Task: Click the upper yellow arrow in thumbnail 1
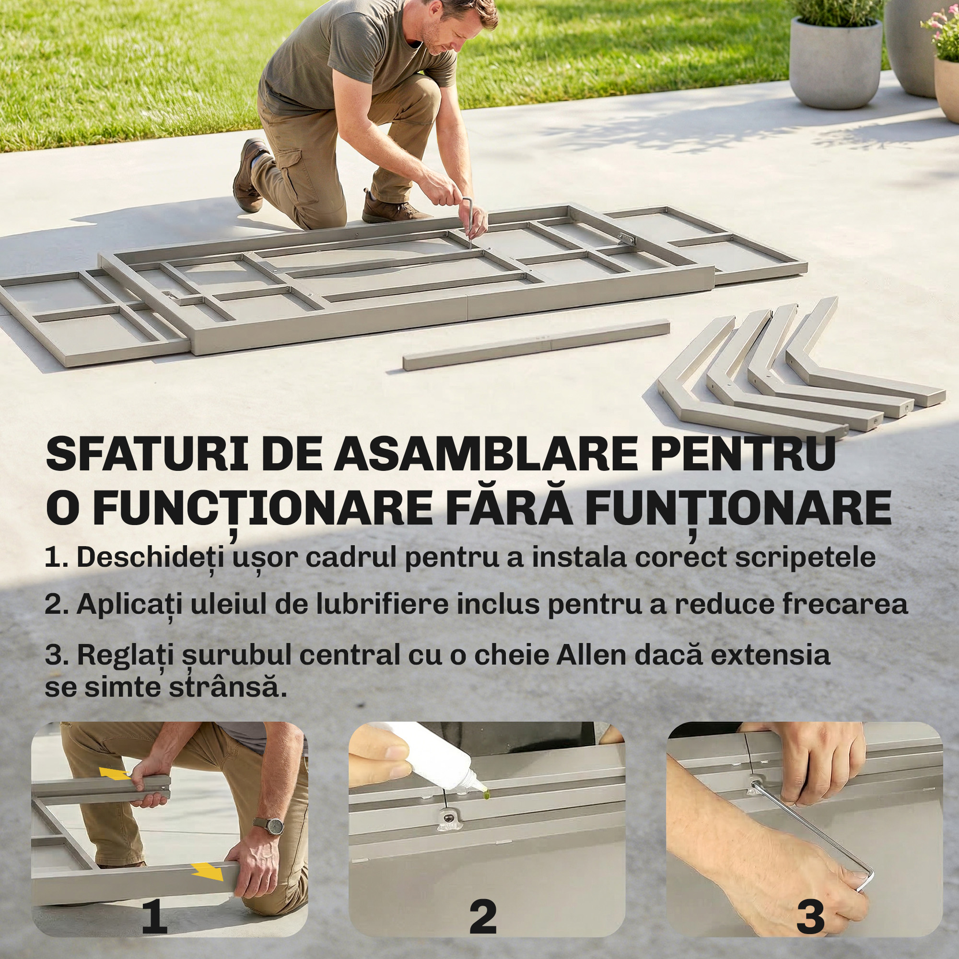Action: (x=115, y=774)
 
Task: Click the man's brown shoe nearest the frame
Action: (x=392, y=211)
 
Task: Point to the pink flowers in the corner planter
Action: (x=941, y=27)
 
